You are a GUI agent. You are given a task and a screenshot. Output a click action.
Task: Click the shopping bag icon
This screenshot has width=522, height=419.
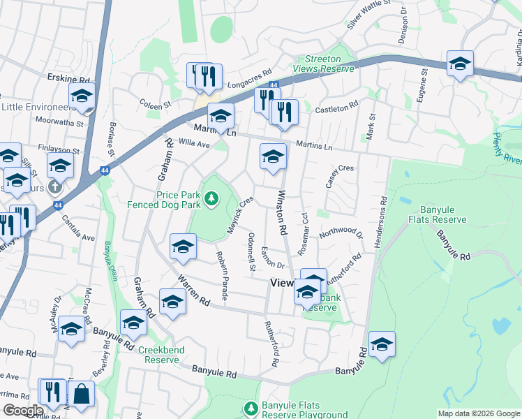(81, 394)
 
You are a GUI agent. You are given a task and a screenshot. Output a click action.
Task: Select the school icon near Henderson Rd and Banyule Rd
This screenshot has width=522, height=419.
(382, 344)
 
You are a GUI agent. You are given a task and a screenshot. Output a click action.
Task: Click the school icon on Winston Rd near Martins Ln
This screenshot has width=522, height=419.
(273, 156)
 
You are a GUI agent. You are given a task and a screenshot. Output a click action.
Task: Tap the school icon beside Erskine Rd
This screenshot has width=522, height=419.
(82, 96)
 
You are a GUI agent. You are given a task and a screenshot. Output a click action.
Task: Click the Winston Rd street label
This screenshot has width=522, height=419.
(283, 212)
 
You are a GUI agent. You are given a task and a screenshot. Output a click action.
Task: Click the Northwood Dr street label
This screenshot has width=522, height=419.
(341, 233)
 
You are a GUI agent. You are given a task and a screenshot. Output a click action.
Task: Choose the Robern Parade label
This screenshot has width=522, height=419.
(222, 276)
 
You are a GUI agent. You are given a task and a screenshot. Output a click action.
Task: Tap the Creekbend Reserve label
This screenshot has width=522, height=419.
(162, 355)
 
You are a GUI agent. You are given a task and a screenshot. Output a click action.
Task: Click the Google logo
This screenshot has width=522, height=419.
(22, 411)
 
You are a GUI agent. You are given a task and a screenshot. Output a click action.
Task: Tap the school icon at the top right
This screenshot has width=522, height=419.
(460, 64)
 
